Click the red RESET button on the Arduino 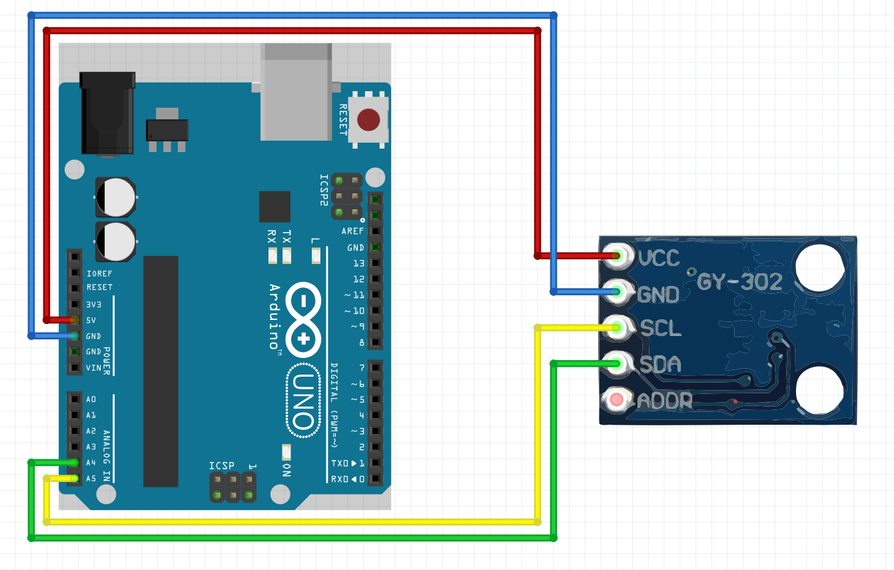[368, 120]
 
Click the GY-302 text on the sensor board [739, 283]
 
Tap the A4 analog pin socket [74, 463]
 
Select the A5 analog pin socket [74, 479]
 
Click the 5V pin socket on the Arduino [74, 320]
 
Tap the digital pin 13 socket [376, 263]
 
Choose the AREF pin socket [376, 231]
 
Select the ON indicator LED [286, 453]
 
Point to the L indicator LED [316, 255]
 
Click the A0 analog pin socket [74, 399]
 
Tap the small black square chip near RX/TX [274, 207]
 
